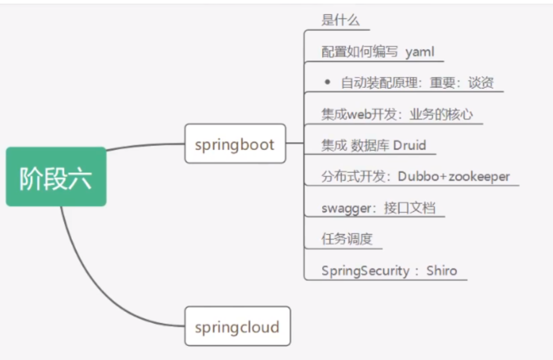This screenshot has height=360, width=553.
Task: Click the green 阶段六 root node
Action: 56,177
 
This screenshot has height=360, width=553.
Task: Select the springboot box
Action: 235,144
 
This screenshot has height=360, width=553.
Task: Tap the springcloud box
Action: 237,327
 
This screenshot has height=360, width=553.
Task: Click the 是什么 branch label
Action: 340,20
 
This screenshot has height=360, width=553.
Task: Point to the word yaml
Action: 420,52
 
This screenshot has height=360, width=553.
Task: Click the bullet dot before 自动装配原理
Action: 327,82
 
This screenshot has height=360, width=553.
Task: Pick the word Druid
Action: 409,145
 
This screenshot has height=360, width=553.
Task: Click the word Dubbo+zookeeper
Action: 453,177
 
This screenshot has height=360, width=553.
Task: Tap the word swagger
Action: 344,209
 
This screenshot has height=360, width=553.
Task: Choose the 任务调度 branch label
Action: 347,239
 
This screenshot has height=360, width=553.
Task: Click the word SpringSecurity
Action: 365,270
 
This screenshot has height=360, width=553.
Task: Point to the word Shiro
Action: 441,270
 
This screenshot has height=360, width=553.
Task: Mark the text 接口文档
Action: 409,209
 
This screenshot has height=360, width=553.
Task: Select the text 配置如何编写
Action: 359,52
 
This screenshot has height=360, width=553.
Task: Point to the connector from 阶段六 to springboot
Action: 145,145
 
